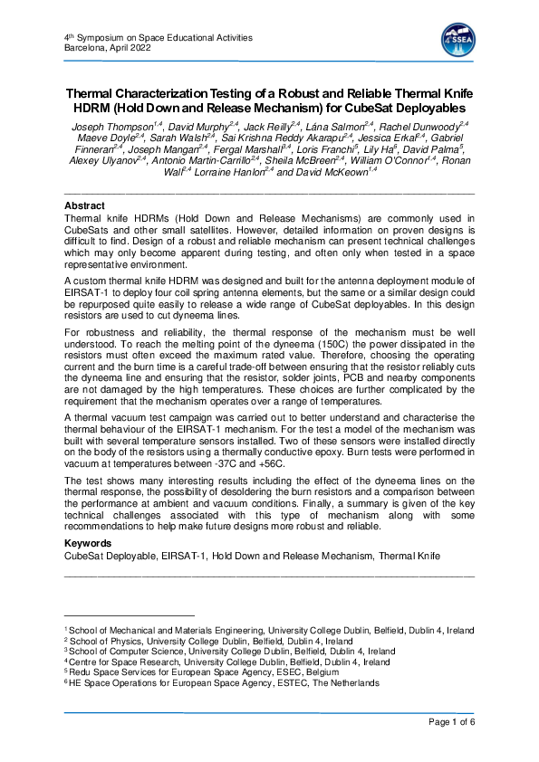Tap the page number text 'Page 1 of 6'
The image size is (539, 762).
[447, 721]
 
